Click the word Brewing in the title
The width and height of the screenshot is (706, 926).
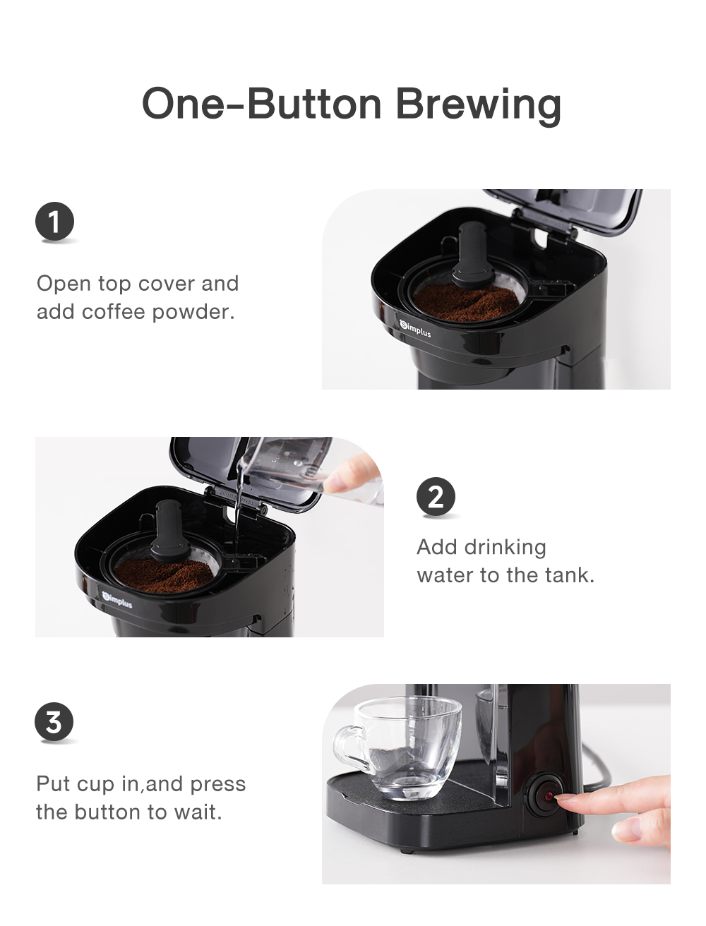point(478,104)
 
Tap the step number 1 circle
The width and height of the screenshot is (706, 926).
point(54,222)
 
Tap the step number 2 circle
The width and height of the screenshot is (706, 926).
point(436,498)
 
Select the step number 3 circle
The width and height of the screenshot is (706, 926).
point(54,722)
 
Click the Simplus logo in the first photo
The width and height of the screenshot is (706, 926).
point(415,328)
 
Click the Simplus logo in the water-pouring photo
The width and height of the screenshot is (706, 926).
point(116,601)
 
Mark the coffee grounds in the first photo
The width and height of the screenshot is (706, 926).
point(467,301)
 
